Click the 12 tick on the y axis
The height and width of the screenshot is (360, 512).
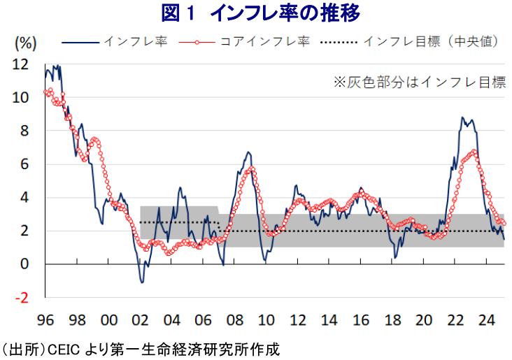21,64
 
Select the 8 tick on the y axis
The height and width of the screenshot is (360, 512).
24,131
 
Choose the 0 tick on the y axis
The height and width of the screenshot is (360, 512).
24,264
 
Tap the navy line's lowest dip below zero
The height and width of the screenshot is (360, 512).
142,282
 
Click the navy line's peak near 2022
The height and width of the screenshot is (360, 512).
463,118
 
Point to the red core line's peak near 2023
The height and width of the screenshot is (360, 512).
475,151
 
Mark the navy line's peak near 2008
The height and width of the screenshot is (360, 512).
248,152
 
